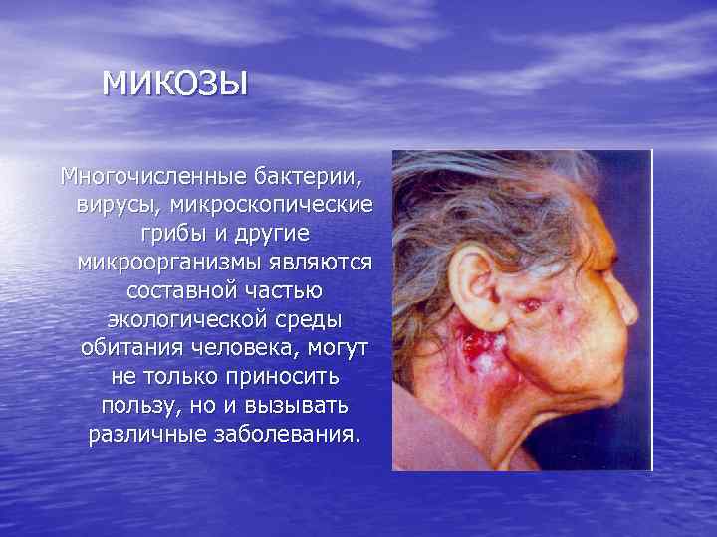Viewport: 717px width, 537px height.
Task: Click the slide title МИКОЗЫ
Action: pos(174,83)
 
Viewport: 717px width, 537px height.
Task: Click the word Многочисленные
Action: pos(141,178)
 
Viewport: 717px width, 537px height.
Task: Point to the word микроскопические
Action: pos(272,205)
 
